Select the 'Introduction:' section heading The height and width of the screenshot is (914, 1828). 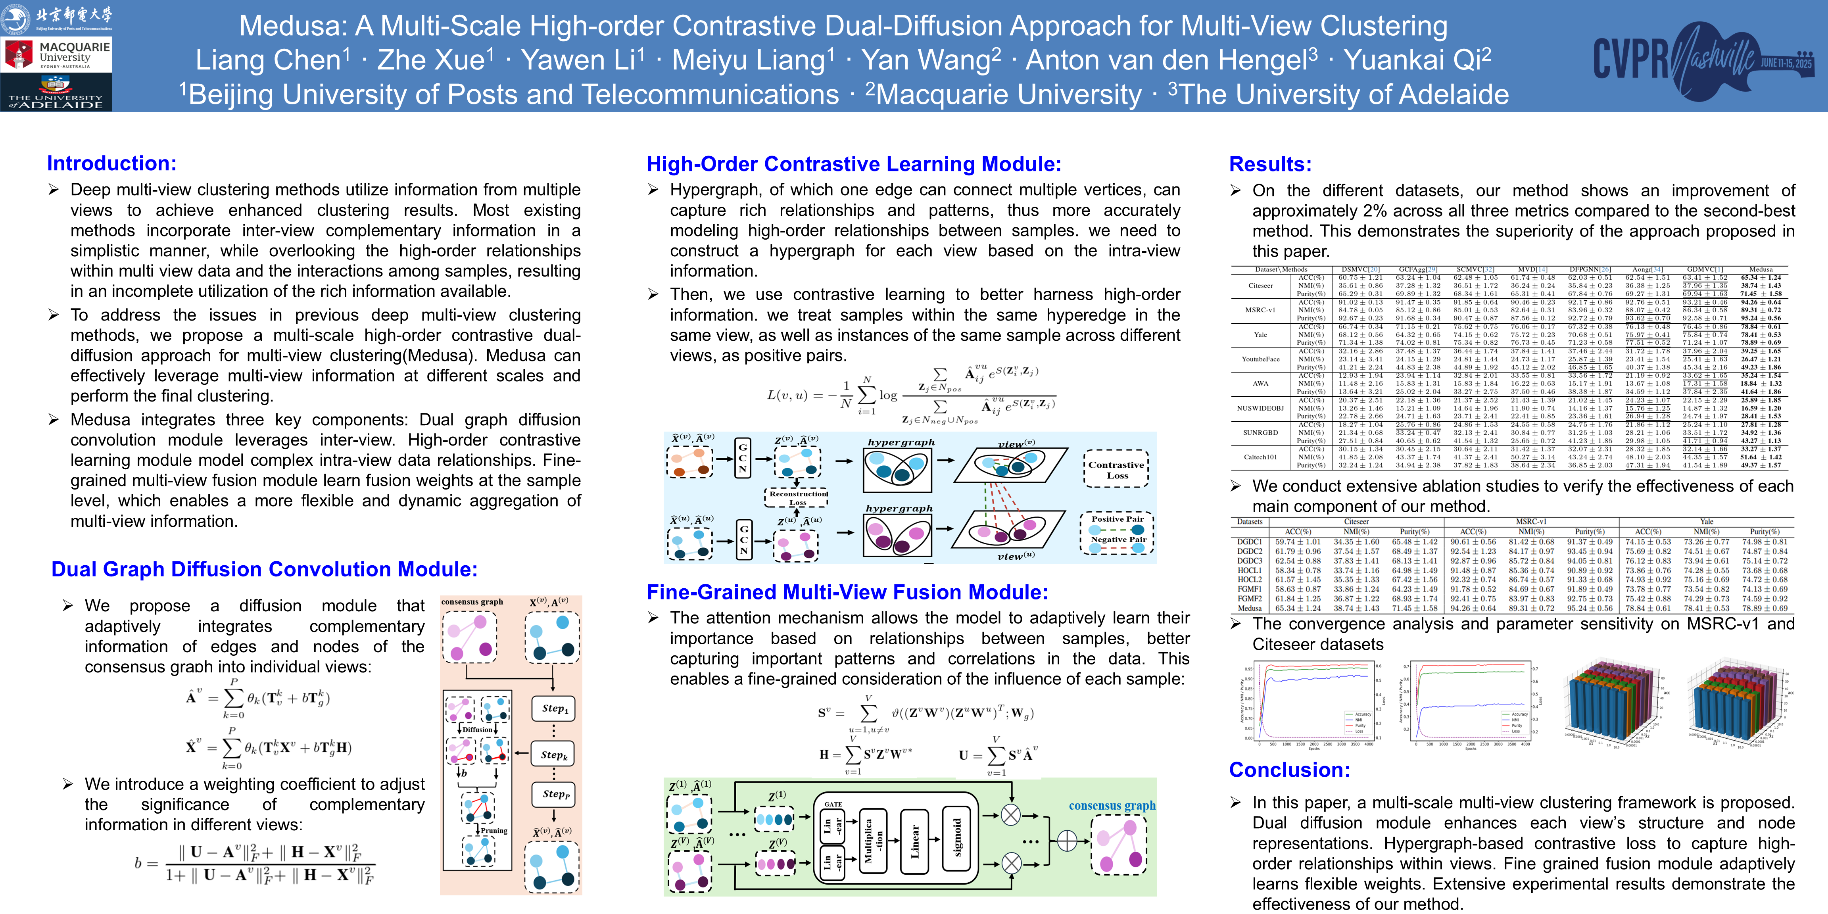tap(111, 163)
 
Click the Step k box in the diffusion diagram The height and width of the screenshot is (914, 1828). tap(553, 755)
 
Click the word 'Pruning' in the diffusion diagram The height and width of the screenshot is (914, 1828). tap(494, 830)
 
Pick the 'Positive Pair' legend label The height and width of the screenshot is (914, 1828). tap(1117, 519)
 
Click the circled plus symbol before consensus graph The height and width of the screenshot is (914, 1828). tap(1067, 841)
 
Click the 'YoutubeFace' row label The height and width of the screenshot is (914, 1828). tap(1260, 359)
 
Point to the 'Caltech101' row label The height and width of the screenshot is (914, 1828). tap(1260, 457)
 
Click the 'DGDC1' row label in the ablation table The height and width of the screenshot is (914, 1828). tap(1250, 541)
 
